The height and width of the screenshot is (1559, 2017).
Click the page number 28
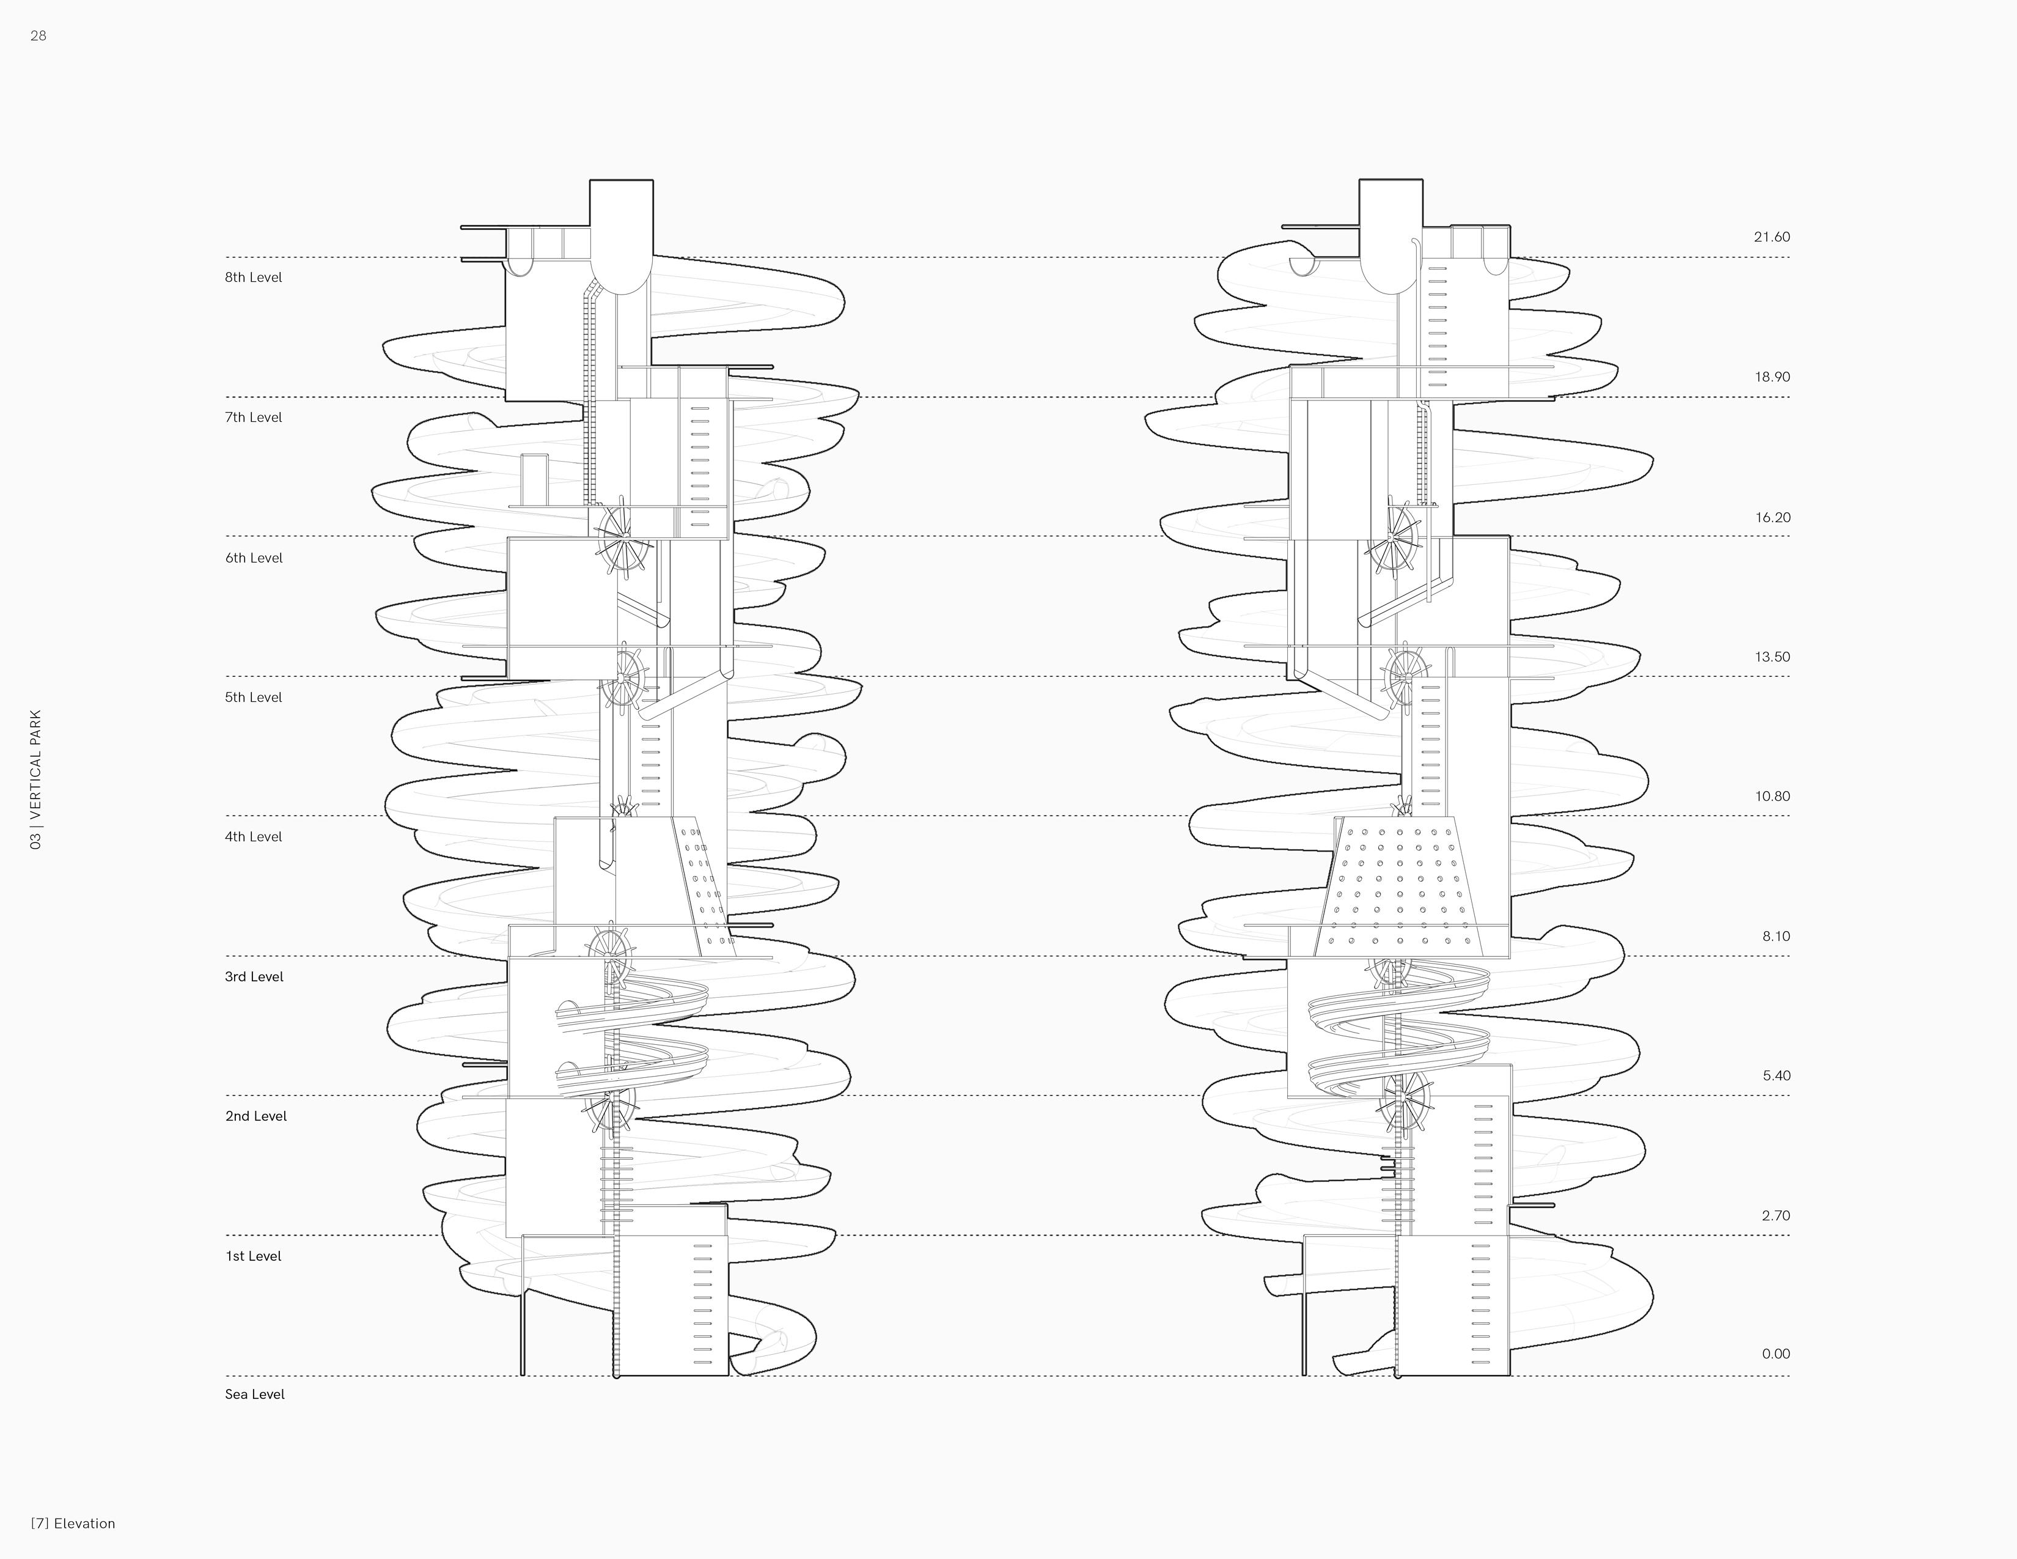pyautogui.click(x=38, y=36)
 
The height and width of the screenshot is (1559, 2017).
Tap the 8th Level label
pyautogui.click(x=253, y=277)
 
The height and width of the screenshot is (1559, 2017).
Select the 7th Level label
pyautogui.click(x=253, y=418)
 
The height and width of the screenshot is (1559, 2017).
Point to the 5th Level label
pyautogui.click(x=253, y=698)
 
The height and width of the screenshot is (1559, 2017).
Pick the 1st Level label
pyautogui.click(x=253, y=1256)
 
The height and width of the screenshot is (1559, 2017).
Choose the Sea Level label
pyautogui.click(x=255, y=1395)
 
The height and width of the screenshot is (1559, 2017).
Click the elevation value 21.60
pyautogui.click(x=1771, y=237)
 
